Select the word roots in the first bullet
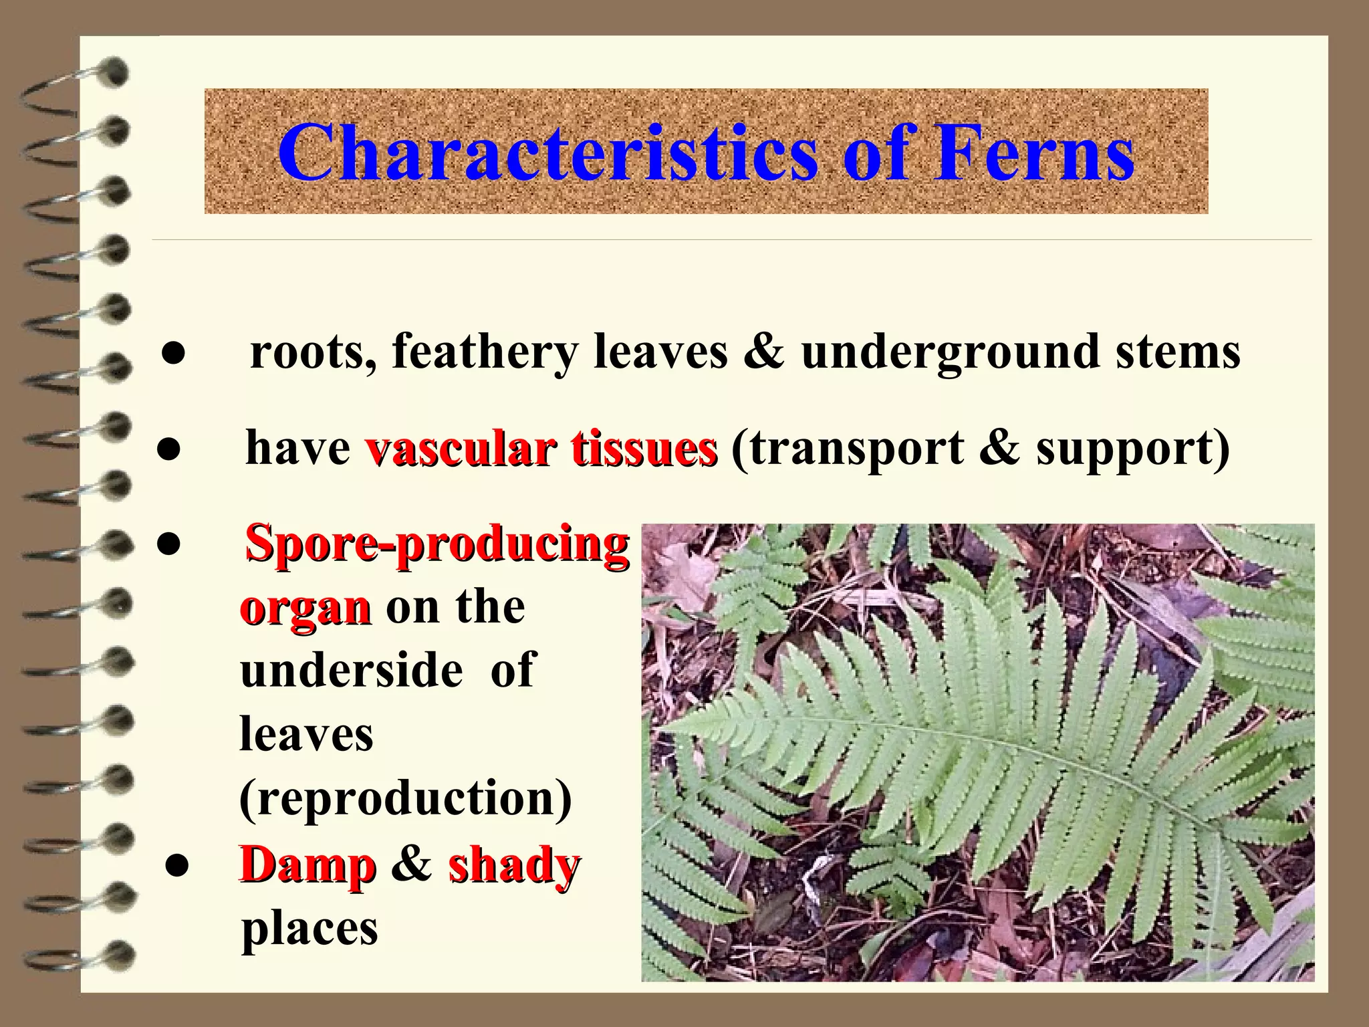(x=312, y=352)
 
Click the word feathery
(x=484, y=352)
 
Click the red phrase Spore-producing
(x=437, y=545)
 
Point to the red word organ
(x=305, y=608)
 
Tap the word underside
(x=352, y=670)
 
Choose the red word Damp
(x=307, y=865)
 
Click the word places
(x=309, y=930)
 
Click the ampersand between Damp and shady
(x=411, y=863)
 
